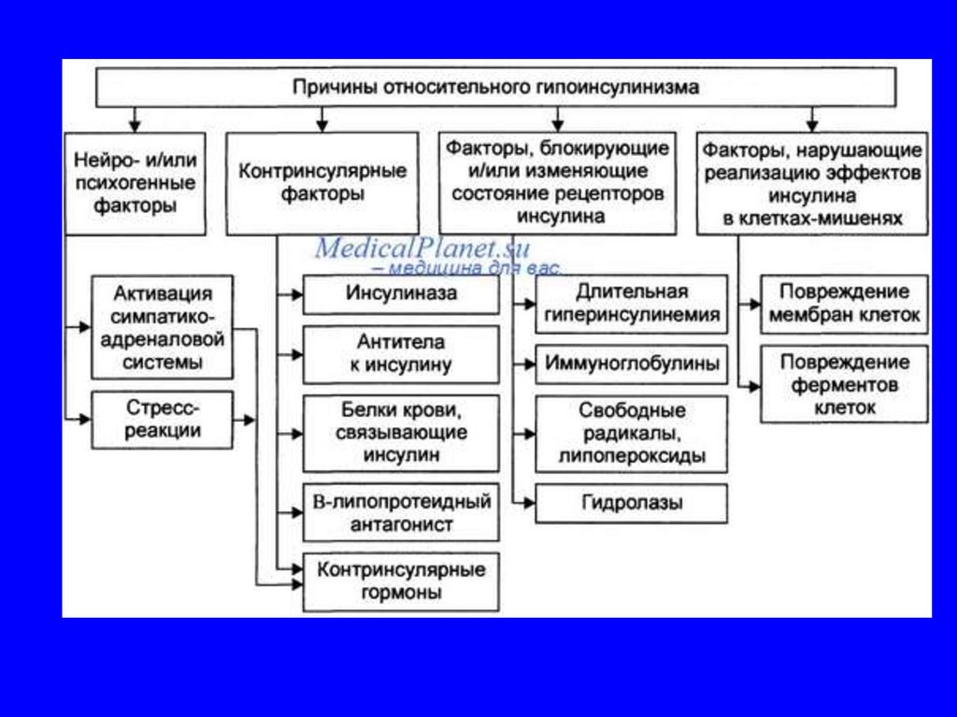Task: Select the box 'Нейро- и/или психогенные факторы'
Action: pyautogui.click(x=136, y=183)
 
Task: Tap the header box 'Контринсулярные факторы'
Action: pyautogui.click(x=322, y=183)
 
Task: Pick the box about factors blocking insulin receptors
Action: pyautogui.click(x=557, y=183)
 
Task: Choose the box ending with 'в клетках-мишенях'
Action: pyautogui.click(x=811, y=183)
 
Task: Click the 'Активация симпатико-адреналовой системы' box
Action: pyautogui.click(x=163, y=326)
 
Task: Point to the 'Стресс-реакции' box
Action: pyautogui.click(x=163, y=420)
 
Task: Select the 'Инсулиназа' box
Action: pyautogui.click(x=401, y=294)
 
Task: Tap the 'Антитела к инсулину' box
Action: pyautogui.click(x=401, y=353)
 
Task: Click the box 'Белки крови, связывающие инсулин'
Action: pyautogui.click(x=401, y=433)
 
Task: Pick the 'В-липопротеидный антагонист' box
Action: pyautogui.click(x=401, y=512)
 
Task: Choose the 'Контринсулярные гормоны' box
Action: pyautogui.click(x=401, y=581)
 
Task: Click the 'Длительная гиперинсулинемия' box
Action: pyautogui.click(x=632, y=304)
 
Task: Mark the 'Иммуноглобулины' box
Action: pyautogui.click(x=632, y=364)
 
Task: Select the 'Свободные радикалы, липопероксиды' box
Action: pyautogui.click(x=632, y=434)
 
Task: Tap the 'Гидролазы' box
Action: pyautogui.click(x=632, y=503)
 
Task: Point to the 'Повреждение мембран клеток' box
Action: pyautogui.click(x=844, y=304)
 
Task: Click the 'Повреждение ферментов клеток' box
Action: pyautogui.click(x=844, y=384)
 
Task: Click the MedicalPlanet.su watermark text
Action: pyautogui.click(x=422, y=249)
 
